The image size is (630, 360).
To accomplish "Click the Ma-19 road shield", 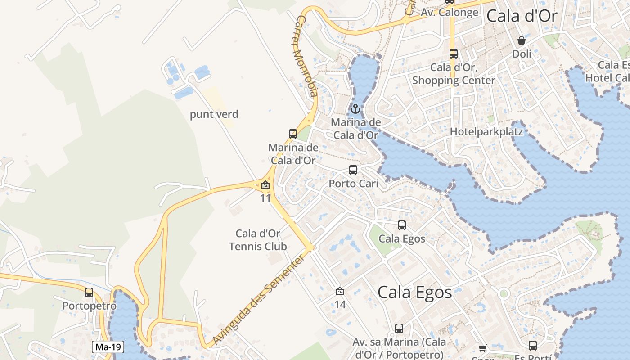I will click(x=108, y=347).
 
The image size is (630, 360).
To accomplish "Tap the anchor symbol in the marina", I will click(x=355, y=109).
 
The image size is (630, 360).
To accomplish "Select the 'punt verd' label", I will click(x=214, y=114).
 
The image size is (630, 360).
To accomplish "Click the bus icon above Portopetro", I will click(x=89, y=292).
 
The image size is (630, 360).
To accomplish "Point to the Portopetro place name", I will click(x=89, y=306).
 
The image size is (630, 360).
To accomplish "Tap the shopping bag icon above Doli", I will click(x=522, y=41).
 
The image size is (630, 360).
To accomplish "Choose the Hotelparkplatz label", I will click(x=486, y=132).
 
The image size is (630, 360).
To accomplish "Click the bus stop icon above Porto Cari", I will click(x=353, y=170).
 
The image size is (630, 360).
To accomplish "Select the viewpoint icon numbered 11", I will click(x=265, y=184).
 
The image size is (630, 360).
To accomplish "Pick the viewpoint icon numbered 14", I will click(x=340, y=292).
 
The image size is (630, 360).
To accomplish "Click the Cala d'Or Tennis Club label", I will click(x=258, y=240).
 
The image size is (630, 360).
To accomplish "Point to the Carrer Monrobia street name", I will click(x=306, y=57).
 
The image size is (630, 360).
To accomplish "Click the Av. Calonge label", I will click(x=449, y=13).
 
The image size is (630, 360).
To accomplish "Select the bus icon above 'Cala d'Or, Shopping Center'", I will click(x=454, y=54).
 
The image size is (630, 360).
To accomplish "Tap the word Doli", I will click(x=522, y=54).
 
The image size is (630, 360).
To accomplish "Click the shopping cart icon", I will click(x=482, y=348).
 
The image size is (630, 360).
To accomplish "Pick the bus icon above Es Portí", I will click(x=533, y=346).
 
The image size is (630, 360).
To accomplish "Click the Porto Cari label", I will click(x=353, y=184).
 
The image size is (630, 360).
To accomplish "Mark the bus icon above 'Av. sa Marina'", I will click(x=399, y=328).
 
